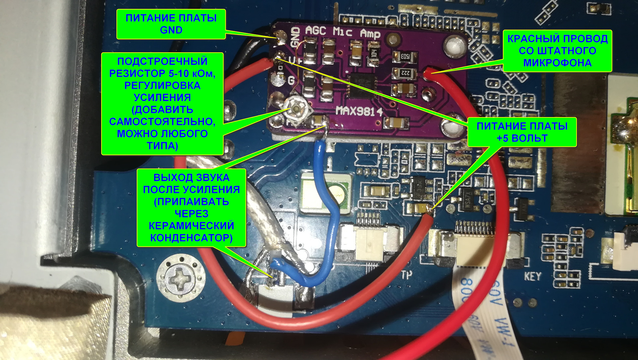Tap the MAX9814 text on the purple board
(359, 111)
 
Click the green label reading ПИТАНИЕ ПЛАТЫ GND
(171, 24)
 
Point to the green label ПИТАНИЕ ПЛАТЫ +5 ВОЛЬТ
(522, 132)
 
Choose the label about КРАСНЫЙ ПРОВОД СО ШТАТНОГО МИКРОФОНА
(557, 50)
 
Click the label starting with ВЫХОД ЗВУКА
(191, 208)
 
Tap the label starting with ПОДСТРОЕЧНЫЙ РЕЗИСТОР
(162, 103)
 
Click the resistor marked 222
(405, 73)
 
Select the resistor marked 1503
(404, 57)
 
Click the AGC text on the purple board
(315, 31)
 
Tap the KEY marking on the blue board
(532, 276)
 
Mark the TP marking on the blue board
(407, 275)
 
